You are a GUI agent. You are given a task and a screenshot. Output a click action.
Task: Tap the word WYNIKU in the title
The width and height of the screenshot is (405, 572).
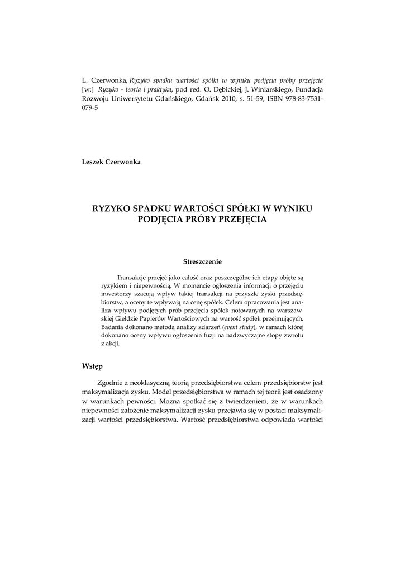click(x=290, y=208)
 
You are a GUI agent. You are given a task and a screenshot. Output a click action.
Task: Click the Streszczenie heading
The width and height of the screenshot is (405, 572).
click(x=202, y=261)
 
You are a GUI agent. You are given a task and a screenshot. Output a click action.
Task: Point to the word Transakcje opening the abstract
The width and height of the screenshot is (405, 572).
click(x=134, y=278)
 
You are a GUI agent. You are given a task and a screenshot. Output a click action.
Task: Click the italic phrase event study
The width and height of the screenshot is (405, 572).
click(x=239, y=326)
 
